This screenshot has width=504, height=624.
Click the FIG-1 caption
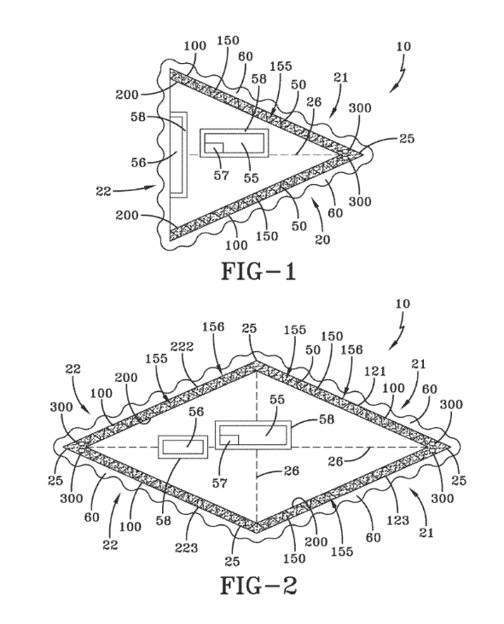pos(258,272)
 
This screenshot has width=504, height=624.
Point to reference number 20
pos(322,240)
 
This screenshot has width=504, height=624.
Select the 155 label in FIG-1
pos(281,66)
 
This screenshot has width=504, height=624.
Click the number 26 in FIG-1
pos(313,101)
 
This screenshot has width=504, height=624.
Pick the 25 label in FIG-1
pos(407,138)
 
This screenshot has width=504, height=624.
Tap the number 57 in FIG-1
pos(222,175)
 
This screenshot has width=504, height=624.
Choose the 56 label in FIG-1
pos(139,162)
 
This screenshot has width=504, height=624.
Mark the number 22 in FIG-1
pos(103,191)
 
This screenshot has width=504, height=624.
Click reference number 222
pos(182,346)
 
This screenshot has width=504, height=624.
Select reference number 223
pos(186,548)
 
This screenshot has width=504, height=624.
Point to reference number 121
pos(375,371)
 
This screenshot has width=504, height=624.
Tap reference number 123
pos(398,520)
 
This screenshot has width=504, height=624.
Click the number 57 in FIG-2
pos(219,482)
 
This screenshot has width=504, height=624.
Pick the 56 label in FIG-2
pos(196,412)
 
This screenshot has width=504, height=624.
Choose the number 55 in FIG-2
pos(277,399)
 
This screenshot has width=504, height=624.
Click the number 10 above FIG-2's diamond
pos(403,303)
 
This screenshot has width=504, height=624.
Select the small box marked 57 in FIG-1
pos(214,147)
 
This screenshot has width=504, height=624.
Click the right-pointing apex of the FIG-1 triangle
pos(363,153)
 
